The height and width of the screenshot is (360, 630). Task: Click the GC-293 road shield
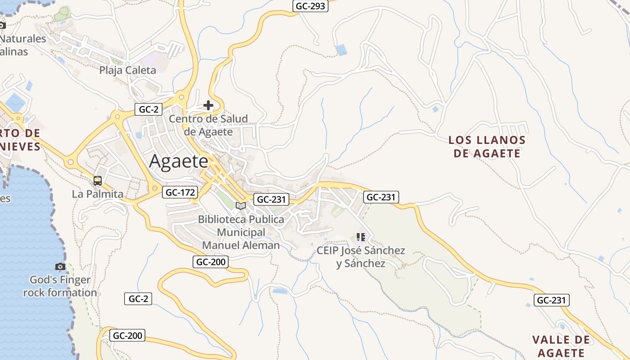point(310,6)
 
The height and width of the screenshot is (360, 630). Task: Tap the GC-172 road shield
point(180,193)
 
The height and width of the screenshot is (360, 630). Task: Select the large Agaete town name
point(179,162)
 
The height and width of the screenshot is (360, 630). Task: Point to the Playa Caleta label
point(127,70)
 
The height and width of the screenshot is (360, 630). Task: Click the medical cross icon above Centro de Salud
point(208,106)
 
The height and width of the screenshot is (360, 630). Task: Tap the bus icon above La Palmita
point(98,181)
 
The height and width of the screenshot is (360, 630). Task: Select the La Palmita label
point(98,194)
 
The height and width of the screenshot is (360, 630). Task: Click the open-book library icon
point(241,206)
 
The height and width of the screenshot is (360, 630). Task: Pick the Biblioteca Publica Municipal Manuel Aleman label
point(241,232)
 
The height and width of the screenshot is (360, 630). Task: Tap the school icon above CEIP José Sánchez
point(360,237)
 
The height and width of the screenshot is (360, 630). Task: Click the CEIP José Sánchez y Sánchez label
point(361,257)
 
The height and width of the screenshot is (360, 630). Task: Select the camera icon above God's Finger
point(60,267)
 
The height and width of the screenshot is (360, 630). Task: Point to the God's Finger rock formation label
point(60,286)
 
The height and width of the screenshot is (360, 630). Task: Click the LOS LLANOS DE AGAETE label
point(487,147)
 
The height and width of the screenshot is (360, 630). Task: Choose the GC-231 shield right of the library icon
point(270,200)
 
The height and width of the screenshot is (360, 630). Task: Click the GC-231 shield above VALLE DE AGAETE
point(552,300)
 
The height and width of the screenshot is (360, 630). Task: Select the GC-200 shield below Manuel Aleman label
point(211,262)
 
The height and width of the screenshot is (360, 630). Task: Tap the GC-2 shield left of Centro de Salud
point(148,109)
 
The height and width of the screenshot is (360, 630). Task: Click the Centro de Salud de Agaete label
point(208,125)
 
